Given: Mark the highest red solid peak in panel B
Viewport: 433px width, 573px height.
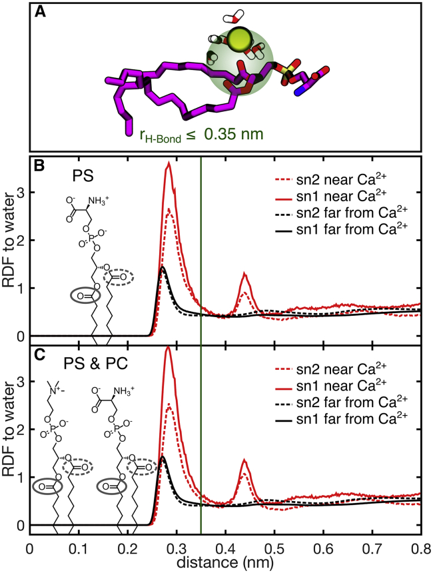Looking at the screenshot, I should [170, 163].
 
